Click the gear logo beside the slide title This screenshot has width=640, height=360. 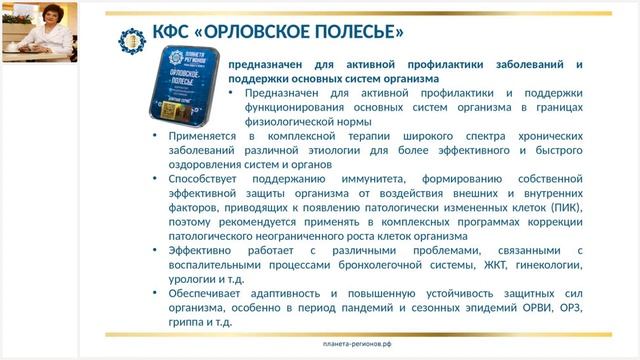pyautogui.click(x=132, y=41)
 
